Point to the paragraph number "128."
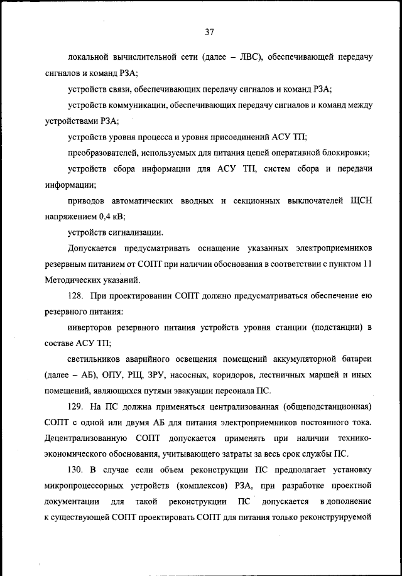click(77, 296)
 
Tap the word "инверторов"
click(92, 328)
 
